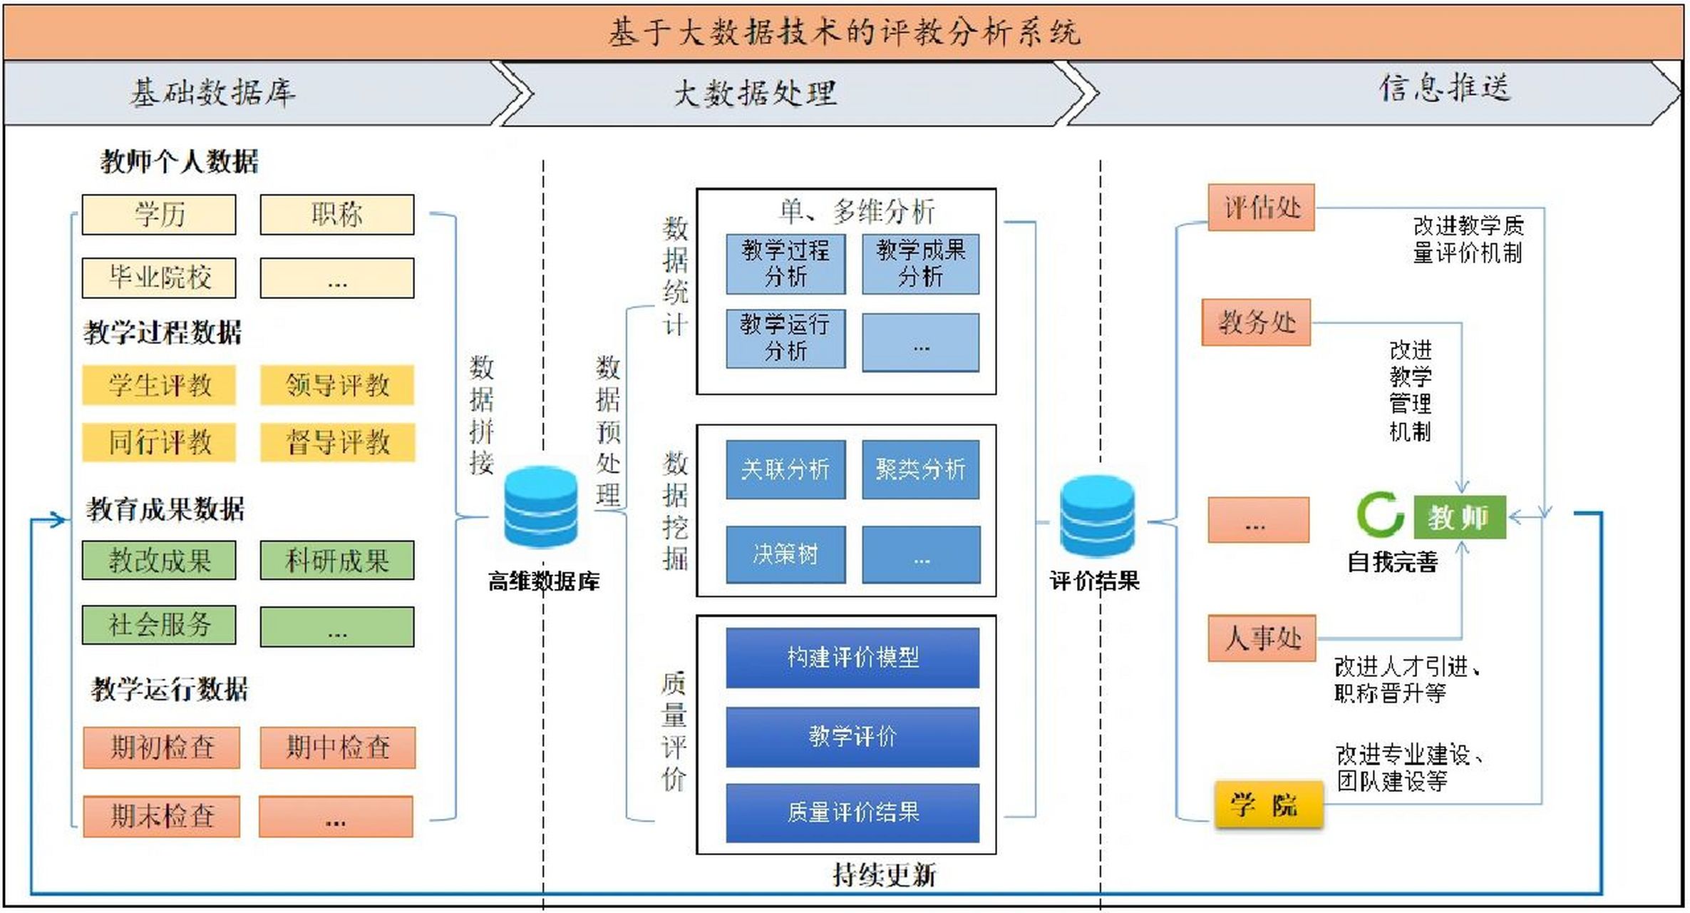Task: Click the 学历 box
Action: coord(158,215)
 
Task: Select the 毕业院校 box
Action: coord(158,277)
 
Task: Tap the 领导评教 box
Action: coord(337,385)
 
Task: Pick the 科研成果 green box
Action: coord(337,561)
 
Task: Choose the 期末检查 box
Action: coord(161,816)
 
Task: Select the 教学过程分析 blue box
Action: coord(785,264)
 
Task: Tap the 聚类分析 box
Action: coord(920,469)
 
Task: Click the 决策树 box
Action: coord(785,554)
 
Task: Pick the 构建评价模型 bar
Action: coord(852,658)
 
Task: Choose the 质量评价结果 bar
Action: coord(852,812)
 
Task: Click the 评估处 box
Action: coord(1261,208)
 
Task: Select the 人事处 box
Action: coord(1262,638)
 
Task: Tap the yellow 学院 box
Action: coord(1268,805)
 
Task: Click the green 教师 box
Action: coord(1459,517)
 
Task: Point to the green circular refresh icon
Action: coord(1379,514)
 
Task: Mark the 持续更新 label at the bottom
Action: coord(884,875)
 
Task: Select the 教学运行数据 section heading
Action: coord(170,690)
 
